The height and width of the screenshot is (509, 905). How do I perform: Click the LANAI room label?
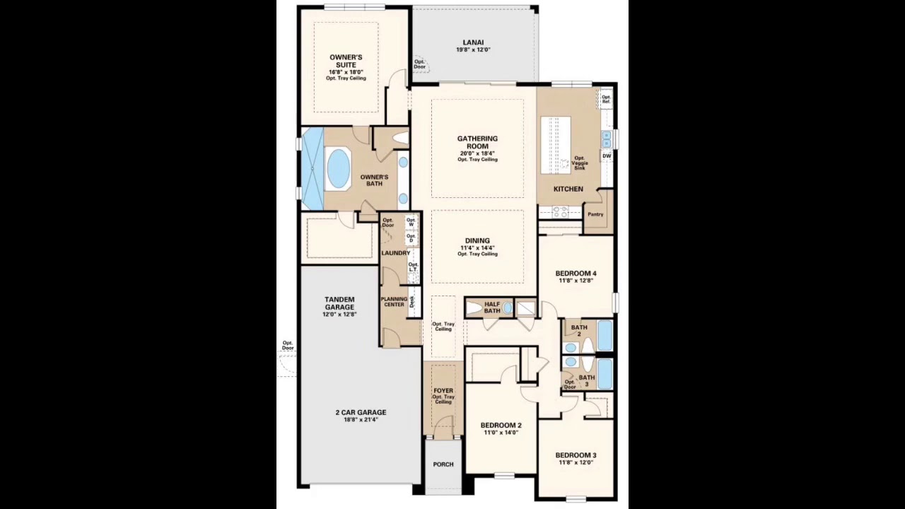point(473,42)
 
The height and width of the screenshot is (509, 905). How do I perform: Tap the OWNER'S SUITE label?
point(346,62)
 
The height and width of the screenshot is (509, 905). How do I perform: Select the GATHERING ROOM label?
point(477,143)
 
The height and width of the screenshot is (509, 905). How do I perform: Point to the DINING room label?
point(477,240)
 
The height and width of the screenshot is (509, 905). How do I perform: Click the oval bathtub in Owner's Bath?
point(339,168)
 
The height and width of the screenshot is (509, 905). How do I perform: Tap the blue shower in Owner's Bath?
point(312,168)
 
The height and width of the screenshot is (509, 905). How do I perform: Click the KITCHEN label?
point(568,189)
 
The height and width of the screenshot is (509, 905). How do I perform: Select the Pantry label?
point(595,214)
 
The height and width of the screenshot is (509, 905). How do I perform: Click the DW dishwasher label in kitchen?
point(607,156)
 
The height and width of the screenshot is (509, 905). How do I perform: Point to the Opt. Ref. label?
point(606,100)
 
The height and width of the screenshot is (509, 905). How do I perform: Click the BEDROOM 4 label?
point(576,274)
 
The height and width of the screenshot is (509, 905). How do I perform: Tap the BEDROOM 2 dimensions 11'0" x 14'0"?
point(501,433)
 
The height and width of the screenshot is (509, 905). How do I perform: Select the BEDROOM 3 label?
point(576,455)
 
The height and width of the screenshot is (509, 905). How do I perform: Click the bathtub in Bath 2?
point(605,336)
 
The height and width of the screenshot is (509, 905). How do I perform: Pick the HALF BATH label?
point(492,308)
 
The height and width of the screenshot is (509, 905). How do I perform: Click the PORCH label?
point(443,464)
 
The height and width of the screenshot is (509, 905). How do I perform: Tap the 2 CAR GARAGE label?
point(361,412)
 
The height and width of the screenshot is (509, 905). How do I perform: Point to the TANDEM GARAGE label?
point(339,303)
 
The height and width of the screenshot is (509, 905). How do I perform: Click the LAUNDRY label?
point(395,253)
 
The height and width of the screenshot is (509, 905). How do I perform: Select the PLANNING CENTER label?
point(394,302)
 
